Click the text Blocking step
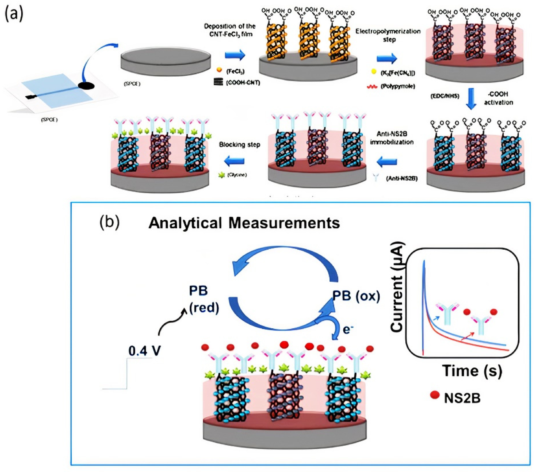(240, 145)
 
